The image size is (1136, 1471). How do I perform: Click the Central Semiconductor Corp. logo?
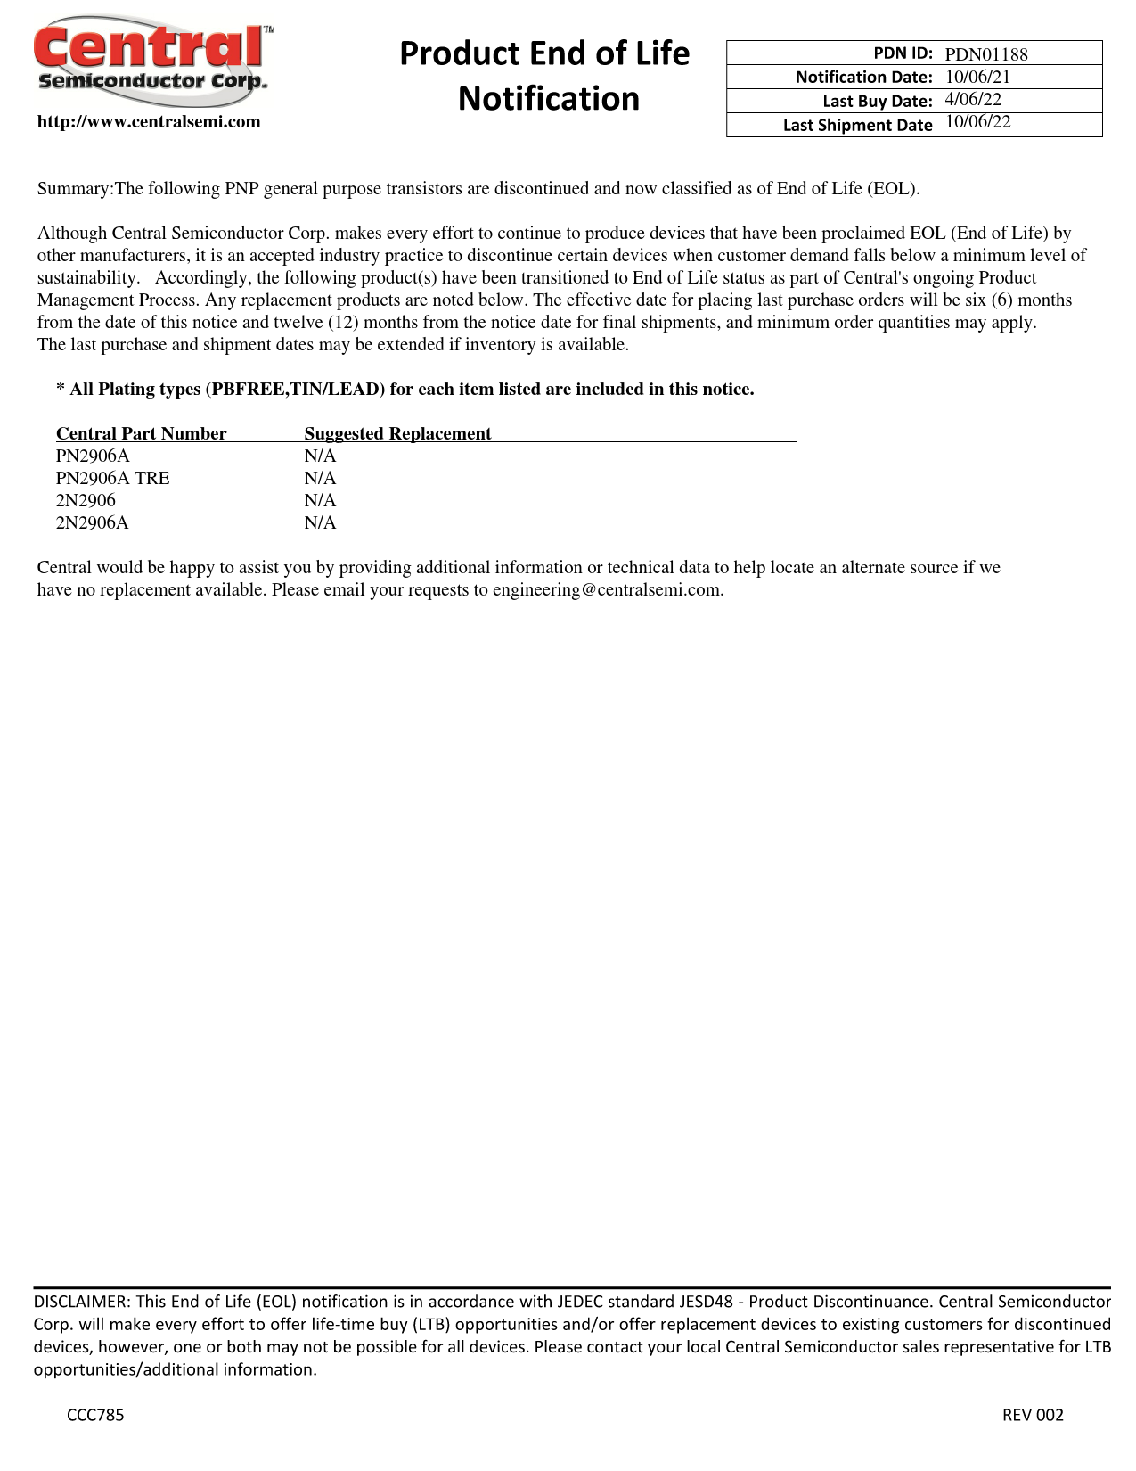(151, 57)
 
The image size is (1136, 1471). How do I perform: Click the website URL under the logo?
(149, 122)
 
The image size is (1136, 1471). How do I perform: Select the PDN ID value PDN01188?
(986, 54)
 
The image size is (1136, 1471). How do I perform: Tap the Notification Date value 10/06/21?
(977, 77)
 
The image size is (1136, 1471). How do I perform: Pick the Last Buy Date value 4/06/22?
(973, 100)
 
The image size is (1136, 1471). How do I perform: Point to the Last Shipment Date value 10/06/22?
(977, 122)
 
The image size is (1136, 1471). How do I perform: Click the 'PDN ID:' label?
(903, 53)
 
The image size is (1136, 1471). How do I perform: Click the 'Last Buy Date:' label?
(877, 101)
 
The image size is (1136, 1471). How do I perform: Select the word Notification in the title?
(549, 99)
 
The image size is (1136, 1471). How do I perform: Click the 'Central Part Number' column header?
(141, 434)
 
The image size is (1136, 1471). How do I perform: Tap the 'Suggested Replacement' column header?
(397, 434)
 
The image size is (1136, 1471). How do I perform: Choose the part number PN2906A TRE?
(112, 478)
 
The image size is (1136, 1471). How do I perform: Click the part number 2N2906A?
(92, 522)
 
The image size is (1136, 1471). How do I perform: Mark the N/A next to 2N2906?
(320, 500)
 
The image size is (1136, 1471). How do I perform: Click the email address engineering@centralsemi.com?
(607, 590)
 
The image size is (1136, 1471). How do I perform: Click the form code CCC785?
(95, 1415)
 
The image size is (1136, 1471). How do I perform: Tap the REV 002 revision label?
(1033, 1415)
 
